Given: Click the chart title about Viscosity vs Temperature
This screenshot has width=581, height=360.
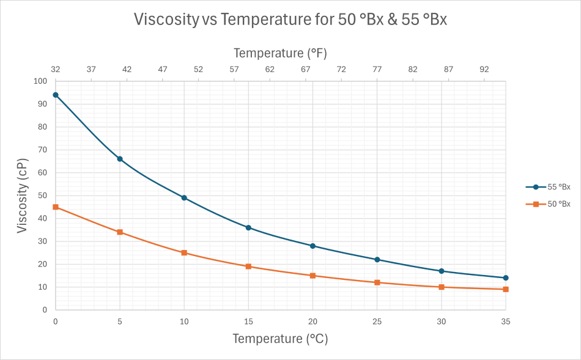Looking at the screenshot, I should (x=290, y=20).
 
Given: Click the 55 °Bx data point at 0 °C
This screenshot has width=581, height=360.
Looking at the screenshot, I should (x=56, y=95).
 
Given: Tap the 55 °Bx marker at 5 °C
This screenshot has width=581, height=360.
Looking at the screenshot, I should (x=120, y=159).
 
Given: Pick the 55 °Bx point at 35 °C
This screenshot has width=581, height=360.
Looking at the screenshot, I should (x=506, y=278).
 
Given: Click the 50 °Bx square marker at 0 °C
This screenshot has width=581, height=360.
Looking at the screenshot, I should (x=56, y=207).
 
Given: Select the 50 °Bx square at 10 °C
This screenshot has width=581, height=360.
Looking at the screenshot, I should (x=184, y=252).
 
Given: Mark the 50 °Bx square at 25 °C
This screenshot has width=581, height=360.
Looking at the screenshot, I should (x=377, y=282).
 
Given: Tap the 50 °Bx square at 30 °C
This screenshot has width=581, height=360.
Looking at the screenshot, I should (x=442, y=287).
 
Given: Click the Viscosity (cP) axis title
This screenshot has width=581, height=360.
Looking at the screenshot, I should (x=23, y=196).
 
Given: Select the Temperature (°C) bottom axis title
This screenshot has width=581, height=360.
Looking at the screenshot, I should (x=280, y=339).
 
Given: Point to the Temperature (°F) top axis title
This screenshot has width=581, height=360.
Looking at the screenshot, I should (x=280, y=53).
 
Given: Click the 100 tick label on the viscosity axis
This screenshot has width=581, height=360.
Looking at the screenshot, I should (x=41, y=81).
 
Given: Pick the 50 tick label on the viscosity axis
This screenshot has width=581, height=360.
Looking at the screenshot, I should (x=43, y=196).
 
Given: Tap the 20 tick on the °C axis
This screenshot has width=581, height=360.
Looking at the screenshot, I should (x=313, y=321).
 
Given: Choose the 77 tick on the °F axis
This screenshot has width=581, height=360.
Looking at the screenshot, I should (x=377, y=70).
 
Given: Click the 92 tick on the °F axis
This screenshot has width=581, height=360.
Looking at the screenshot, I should (x=484, y=70).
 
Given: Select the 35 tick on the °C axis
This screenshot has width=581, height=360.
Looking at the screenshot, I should (x=506, y=321).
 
